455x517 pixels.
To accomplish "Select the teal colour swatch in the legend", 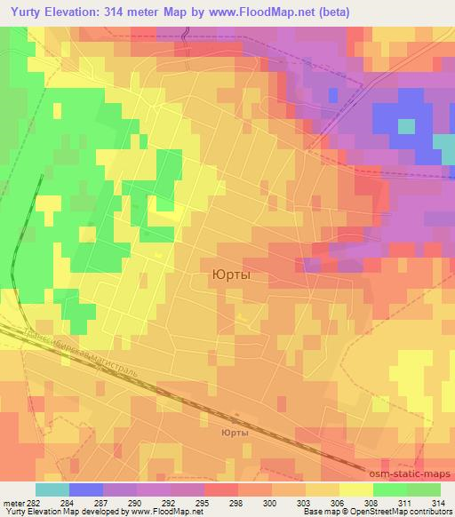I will pyautogui.click(x=52, y=489).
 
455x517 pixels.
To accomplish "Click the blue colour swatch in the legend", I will pyautogui.click(x=86, y=489).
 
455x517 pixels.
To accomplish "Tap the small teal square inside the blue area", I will pyautogui.click(x=406, y=125).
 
